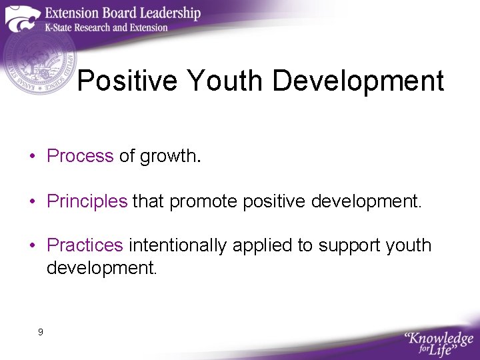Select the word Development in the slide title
pos(358,81)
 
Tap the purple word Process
pos(80,156)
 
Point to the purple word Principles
pos(87,201)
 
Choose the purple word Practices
pos(85,246)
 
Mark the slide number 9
pos(41,331)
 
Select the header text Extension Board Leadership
pos(123,13)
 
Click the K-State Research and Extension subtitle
pos(107,28)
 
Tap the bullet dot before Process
pos(32,157)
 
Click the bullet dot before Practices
pos(32,247)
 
